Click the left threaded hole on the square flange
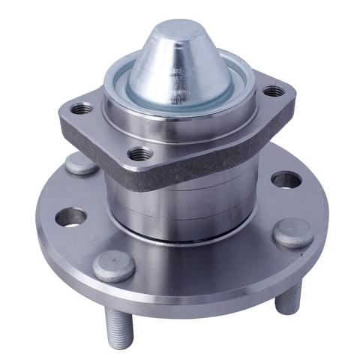[83, 109]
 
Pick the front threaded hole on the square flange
[140, 154]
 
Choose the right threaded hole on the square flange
[273, 91]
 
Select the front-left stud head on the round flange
[114, 265]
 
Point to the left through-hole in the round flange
[70, 217]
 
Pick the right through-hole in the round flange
[286, 180]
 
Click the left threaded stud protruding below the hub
[121, 330]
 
